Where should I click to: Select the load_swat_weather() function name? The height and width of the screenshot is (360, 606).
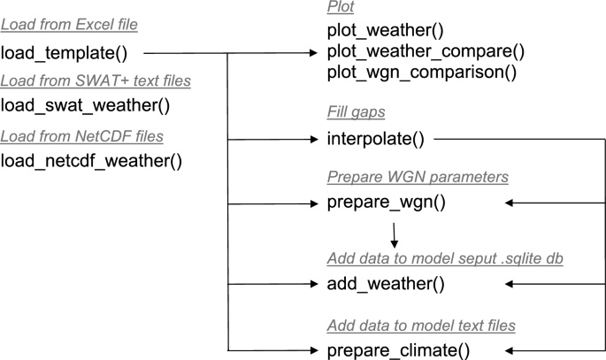pyautogui.click(x=85, y=106)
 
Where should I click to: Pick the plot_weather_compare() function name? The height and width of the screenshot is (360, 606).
pyautogui.click(x=426, y=52)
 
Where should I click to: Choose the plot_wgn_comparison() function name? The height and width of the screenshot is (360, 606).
pyautogui.click(x=421, y=72)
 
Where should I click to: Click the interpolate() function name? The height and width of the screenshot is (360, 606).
pyautogui.click(x=376, y=139)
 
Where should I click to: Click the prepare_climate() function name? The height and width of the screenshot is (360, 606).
pyautogui.click(x=397, y=349)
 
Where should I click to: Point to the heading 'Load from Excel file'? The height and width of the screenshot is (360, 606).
pyautogui.click(x=69, y=25)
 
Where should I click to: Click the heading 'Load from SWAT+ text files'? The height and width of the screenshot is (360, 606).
pyautogui.click(x=96, y=80)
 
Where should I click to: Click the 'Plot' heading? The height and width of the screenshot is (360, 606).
pyautogui.click(x=341, y=7)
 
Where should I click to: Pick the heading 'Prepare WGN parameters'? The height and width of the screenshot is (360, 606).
pyautogui.click(x=417, y=177)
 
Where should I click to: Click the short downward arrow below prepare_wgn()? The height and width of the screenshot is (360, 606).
pyautogui.click(x=394, y=235)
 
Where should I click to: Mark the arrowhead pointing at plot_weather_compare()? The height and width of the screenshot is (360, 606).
pyautogui.click(x=311, y=52)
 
